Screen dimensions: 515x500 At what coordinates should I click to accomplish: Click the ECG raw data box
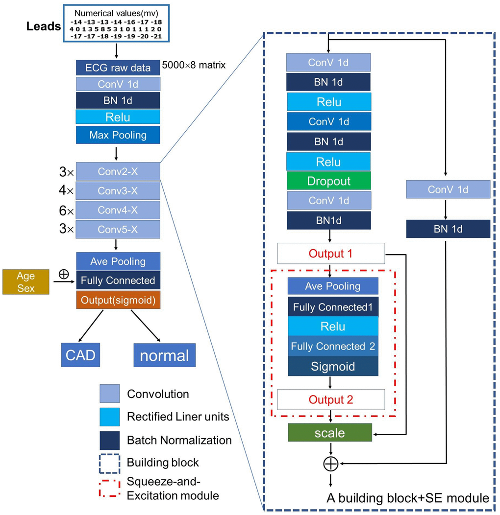click(118, 68)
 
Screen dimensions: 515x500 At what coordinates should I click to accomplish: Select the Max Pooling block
click(118, 135)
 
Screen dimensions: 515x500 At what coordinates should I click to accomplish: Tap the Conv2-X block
click(118, 172)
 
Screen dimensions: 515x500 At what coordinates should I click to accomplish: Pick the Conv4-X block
click(118, 210)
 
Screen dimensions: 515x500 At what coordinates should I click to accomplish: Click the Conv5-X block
click(118, 229)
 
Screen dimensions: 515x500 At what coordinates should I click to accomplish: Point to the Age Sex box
click(26, 281)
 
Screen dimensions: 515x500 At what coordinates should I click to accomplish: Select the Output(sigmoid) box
click(118, 300)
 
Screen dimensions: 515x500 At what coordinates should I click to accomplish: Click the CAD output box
click(80, 354)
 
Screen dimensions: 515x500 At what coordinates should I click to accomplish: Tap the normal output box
click(164, 355)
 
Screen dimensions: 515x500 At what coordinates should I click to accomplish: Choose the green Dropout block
click(328, 181)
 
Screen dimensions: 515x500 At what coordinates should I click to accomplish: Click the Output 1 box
click(331, 254)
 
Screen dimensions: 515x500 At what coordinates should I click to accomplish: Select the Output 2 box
click(331, 399)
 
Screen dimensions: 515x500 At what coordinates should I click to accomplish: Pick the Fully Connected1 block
click(333, 307)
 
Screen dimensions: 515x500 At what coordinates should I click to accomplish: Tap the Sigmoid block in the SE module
click(333, 366)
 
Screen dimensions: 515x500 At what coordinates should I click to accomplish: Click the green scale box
click(330, 433)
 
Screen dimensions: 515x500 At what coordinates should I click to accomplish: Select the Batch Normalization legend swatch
click(109, 440)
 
